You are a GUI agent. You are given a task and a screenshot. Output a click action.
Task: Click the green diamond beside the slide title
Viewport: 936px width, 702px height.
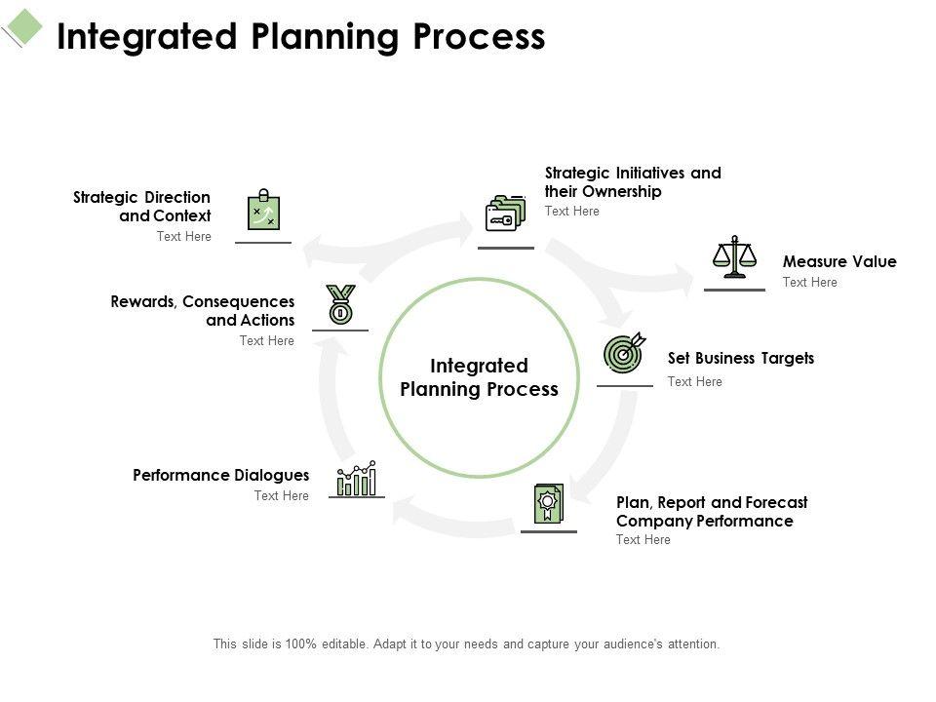pos(23,26)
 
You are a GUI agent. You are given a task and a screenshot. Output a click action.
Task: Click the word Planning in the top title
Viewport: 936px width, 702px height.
pos(325,37)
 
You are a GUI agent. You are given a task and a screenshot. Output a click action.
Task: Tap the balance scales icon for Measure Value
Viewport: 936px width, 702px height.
pos(734,256)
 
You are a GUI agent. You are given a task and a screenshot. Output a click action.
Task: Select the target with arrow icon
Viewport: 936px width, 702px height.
pos(624,353)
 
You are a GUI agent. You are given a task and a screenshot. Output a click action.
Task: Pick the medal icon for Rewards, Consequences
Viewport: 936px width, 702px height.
pos(341,304)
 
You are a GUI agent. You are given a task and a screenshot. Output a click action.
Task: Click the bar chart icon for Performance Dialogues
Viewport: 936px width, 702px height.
pos(357,478)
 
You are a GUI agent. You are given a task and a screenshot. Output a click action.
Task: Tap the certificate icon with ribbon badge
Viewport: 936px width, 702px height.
pos(549,504)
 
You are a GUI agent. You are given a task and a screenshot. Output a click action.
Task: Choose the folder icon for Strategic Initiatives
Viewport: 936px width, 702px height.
pos(506,214)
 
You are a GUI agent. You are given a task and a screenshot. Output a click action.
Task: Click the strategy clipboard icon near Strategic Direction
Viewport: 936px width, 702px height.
pos(264,210)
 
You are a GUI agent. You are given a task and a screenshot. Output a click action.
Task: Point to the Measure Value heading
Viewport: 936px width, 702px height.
pos(839,261)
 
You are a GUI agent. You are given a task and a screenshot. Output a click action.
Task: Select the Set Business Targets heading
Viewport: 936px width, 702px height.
pos(741,358)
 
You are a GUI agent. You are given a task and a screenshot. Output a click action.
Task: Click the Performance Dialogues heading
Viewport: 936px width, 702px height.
pos(221,475)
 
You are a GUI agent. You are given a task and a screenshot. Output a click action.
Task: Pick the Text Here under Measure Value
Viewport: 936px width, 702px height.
pos(809,283)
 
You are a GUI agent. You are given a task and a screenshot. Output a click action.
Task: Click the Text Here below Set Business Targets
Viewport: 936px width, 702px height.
pos(694,381)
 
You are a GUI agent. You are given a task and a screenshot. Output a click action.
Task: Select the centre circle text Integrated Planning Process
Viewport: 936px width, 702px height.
pos(479,377)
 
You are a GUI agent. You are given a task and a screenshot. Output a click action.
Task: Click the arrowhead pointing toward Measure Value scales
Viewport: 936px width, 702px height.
pos(684,278)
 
